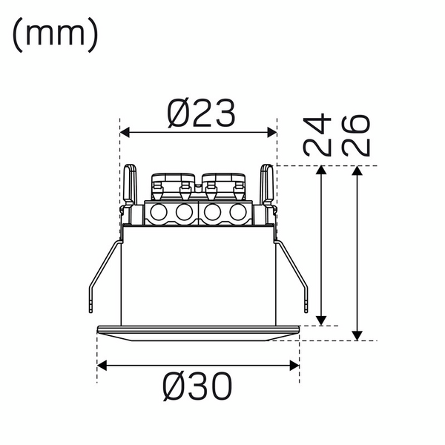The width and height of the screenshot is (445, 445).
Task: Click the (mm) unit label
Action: (55, 36)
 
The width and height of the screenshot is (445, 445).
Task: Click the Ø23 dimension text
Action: (200, 113)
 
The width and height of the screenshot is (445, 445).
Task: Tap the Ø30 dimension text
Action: (198, 386)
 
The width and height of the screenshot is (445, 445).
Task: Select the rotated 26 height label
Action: (357, 134)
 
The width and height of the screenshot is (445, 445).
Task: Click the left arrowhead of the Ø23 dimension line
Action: (125, 132)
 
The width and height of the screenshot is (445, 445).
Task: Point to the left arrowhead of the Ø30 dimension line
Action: (102, 365)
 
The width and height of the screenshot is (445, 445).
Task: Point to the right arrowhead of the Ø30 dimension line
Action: (294, 365)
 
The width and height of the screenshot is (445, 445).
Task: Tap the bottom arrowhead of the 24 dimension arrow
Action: (321, 320)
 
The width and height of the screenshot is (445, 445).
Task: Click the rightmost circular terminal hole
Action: (237, 214)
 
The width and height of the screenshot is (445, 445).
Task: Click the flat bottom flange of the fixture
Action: (198, 331)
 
